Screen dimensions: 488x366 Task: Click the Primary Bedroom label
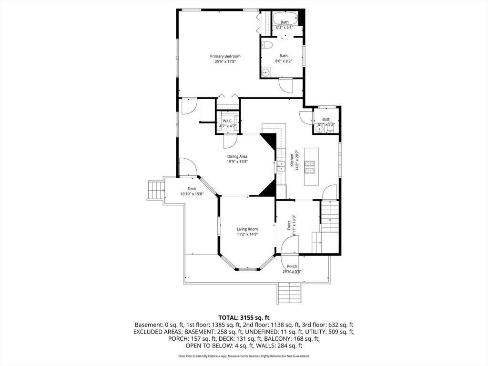point(225,56)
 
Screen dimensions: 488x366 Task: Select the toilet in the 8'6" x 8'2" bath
point(267,45)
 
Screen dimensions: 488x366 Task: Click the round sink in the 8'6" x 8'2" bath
point(265,73)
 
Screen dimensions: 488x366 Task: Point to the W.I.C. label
point(227,121)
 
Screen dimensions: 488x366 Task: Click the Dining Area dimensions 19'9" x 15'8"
point(237,162)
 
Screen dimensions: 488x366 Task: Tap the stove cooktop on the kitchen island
point(309,167)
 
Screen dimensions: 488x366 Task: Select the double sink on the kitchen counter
point(281,166)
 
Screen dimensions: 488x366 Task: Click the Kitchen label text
point(292,160)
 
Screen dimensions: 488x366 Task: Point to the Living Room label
point(247,229)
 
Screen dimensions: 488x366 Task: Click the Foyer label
point(289,225)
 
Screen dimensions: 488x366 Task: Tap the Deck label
point(192,189)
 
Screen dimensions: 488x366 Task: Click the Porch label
point(292,266)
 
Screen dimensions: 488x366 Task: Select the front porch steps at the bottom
point(289,293)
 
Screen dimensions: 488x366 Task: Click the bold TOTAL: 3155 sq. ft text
point(244,318)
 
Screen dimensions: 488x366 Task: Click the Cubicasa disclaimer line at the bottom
point(244,356)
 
